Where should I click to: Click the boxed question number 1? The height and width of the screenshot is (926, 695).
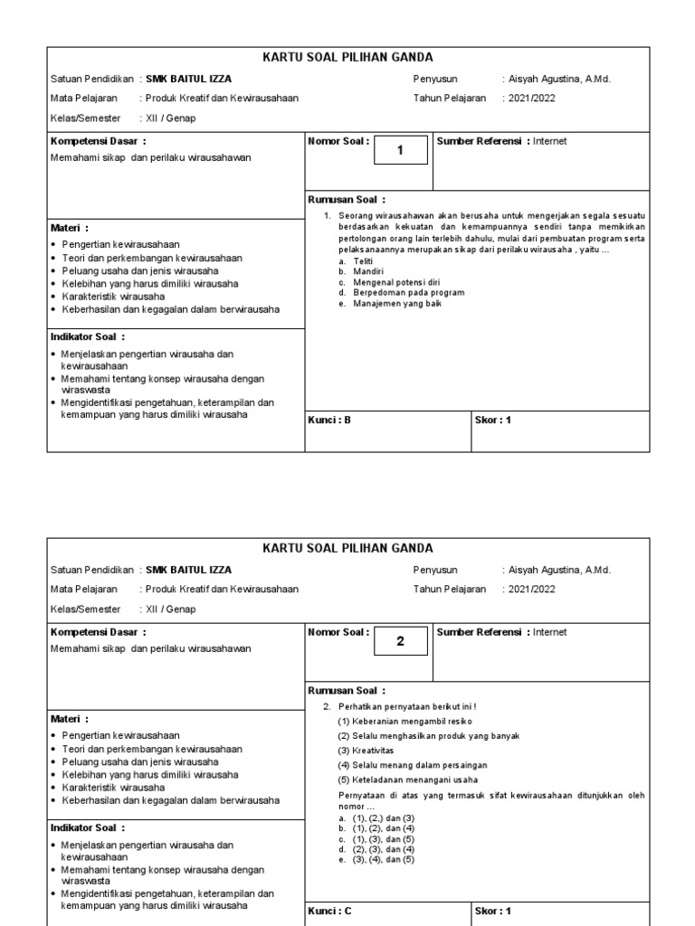(399, 151)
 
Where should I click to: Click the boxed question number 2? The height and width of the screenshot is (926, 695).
(399, 642)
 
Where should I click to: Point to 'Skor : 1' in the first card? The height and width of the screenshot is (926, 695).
(493, 420)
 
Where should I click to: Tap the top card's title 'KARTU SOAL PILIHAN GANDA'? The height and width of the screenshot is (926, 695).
(347, 58)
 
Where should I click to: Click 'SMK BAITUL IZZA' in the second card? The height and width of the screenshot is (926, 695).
(188, 570)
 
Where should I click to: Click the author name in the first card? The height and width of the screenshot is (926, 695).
(558, 79)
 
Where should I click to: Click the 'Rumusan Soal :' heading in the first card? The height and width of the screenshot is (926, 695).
(347, 200)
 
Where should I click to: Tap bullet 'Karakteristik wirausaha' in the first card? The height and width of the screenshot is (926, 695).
(113, 296)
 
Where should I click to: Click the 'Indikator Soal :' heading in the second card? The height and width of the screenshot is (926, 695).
(88, 827)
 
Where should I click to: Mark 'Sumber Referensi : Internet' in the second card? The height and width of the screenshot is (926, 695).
(502, 632)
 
